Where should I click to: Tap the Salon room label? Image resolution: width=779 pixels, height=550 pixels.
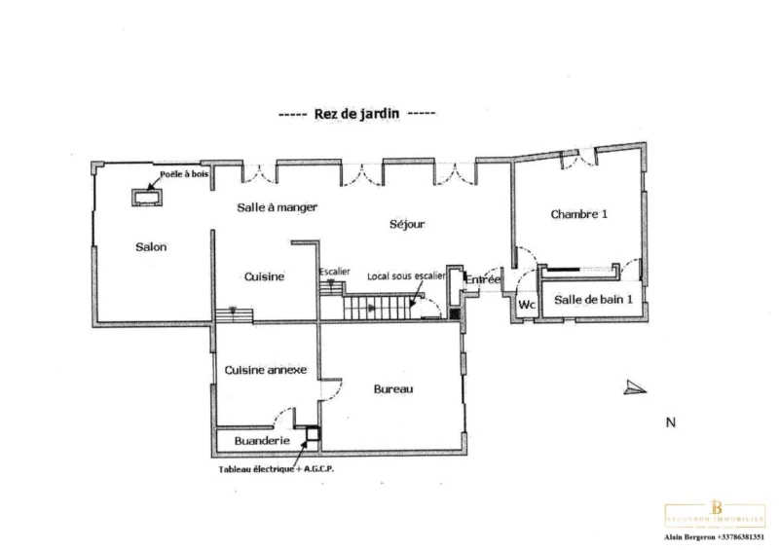click(152, 247)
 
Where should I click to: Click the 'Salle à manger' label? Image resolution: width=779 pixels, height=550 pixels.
click(278, 207)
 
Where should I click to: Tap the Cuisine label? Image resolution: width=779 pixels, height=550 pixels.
click(264, 277)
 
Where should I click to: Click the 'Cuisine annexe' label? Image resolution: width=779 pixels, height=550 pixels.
click(266, 370)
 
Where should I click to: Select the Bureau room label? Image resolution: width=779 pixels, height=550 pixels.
click(393, 389)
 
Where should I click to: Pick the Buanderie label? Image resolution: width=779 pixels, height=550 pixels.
click(254, 441)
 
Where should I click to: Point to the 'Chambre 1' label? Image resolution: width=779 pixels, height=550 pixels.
click(578, 214)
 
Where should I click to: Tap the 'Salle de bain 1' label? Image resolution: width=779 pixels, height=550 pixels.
click(594, 300)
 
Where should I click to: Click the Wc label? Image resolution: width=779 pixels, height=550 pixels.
click(528, 304)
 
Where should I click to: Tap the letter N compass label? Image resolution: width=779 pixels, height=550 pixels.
click(670, 422)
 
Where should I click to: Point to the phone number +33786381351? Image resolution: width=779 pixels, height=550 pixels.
click(744, 537)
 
